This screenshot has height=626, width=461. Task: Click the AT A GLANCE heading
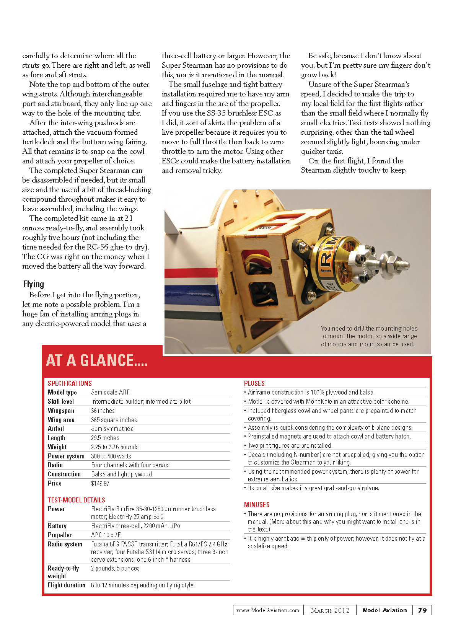[x=96, y=360]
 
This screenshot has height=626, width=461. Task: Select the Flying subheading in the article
[x=34, y=284]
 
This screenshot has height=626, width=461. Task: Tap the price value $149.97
[x=100, y=483]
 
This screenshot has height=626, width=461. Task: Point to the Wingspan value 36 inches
[x=103, y=411]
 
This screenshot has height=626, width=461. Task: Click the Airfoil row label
[x=56, y=429]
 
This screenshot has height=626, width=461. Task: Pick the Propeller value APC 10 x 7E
[x=106, y=535]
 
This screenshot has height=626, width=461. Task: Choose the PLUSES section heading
[x=254, y=383]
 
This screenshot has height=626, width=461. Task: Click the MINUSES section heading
[x=257, y=505]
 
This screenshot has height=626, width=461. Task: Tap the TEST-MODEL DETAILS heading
[x=77, y=500]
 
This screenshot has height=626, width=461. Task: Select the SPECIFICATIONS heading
[x=70, y=383]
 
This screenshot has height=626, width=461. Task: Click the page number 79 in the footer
[x=422, y=610]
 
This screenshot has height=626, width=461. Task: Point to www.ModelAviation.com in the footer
[x=268, y=610]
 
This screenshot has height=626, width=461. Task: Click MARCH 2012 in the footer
[x=330, y=610]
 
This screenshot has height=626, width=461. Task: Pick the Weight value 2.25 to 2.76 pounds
[x=115, y=447]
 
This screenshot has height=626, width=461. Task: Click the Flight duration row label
[x=67, y=585]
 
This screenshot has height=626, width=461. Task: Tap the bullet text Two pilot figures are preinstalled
[x=290, y=445]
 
